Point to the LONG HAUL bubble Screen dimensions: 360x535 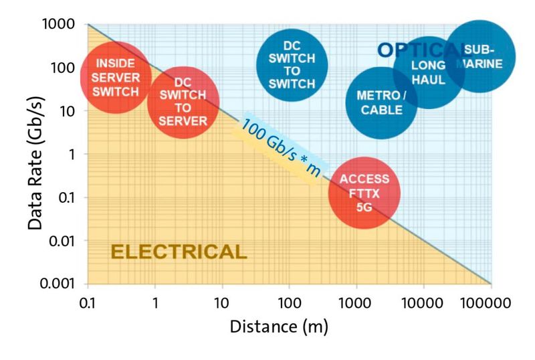pyautogui.click(x=428, y=72)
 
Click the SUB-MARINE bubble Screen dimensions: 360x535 pyautogui.click(x=481, y=56)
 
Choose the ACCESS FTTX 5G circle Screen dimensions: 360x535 pyautogui.click(x=364, y=193)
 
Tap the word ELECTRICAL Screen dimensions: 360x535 pyautogui.click(x=179, y=252)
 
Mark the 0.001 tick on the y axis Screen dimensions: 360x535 pyautogui.click(x=63, y=283)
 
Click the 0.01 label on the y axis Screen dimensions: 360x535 pyautogui.click(x=66, y=240)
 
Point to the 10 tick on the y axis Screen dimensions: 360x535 pyautogui.click(x=72, y=111)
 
